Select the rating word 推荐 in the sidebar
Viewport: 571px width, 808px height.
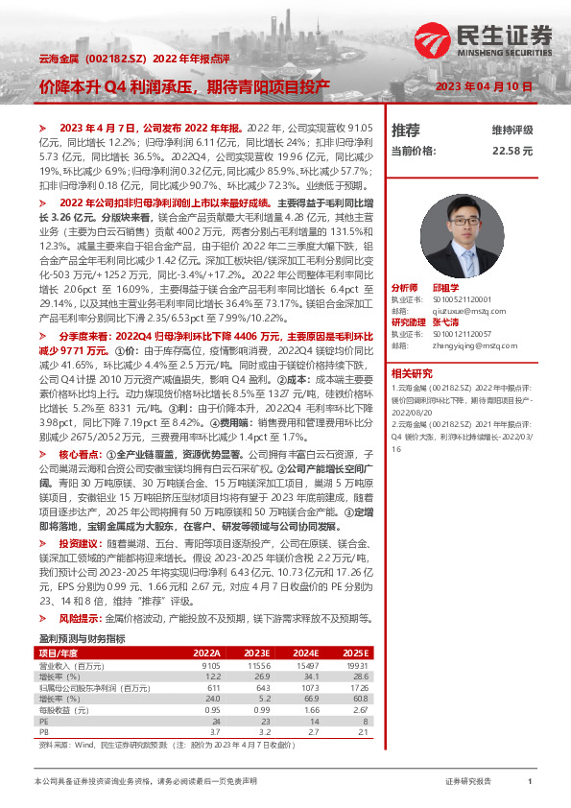click(x=406, y=130)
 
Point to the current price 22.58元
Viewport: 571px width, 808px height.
click(x=512, y=151)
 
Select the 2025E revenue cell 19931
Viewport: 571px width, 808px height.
click(x=355, y=664)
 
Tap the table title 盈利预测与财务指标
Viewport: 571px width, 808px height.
click(x=82, y=638)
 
